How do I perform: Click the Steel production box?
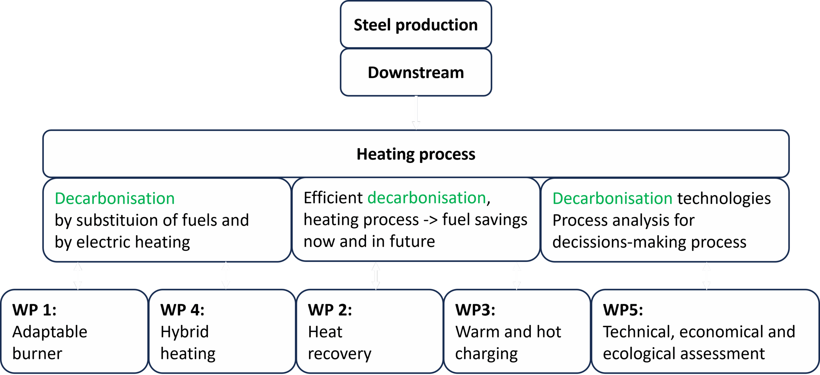coord(416,24)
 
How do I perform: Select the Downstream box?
coord(416,72)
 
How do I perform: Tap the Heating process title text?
coord(416,154)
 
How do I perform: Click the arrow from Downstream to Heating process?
coord(416,113)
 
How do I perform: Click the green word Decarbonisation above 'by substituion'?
coord(115,198)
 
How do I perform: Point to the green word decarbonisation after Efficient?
coord(427,198)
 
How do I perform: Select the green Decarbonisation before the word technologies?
coord(612,198)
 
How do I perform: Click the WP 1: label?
coord(34,310)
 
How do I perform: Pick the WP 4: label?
coord(182,310)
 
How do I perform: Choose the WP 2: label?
coord(330,310)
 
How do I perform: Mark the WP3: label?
coord(475,310)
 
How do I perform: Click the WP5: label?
coord(623,310)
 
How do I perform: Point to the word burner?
coord(37,354)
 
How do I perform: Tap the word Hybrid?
coord(184,332)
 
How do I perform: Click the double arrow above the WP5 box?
coord(707,276)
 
